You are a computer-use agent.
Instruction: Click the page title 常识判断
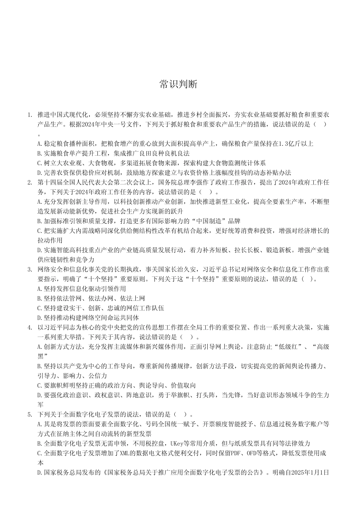click(178, 84)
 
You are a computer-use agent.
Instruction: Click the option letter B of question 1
click(40, 153)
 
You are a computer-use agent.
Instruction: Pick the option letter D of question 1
click(40, 173)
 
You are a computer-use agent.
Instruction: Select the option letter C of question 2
click(40, 231)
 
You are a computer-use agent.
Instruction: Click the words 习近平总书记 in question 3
click(222, 270)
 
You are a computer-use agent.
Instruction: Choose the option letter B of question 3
click(40, 298)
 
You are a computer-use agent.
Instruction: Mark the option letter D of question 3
click(40, 318)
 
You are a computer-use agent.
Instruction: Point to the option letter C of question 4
click(40, 386)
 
